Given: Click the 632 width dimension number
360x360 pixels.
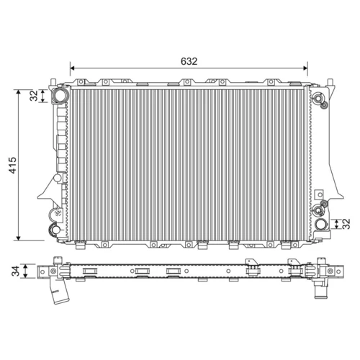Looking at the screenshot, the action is (x=189, y=61).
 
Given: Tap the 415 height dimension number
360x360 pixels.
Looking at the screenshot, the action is (x=12, y=165).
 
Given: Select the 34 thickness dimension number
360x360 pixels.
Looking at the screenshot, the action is (x=16, y=271).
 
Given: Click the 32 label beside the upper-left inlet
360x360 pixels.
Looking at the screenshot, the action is (x=34, y=96).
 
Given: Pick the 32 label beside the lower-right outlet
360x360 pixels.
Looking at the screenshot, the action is (x=346, y=224).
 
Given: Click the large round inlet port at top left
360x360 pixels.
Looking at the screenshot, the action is (x=59, y=95).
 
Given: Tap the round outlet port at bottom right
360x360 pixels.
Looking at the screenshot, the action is (x=320, y=224).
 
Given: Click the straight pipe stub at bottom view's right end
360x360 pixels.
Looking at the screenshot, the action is (x=320, y=289).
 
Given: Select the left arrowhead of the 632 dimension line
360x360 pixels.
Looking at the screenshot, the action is (x=73, y=68).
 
